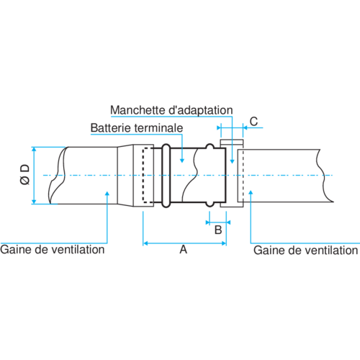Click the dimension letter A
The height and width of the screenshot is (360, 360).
pos(184,250)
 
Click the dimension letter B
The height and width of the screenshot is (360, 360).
pos(218,230)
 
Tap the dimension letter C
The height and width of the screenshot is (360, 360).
pos(253,122)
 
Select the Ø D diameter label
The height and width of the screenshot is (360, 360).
pos(25,174)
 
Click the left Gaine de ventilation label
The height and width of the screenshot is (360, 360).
pos(53,250)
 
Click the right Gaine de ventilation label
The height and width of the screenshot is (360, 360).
pos(305,251)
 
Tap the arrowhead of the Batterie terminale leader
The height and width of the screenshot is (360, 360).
pos(182,161)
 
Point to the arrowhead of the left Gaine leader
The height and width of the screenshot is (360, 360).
pos(107,194)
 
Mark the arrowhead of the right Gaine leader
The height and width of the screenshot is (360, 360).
pos(251,193)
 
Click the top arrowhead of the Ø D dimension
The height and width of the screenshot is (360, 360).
pos(34,149)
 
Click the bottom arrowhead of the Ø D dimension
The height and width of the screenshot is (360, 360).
pos(34,202)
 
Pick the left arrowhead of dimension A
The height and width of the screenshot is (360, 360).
pos(145,243)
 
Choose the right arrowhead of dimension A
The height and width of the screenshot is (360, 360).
pos(224,243)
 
